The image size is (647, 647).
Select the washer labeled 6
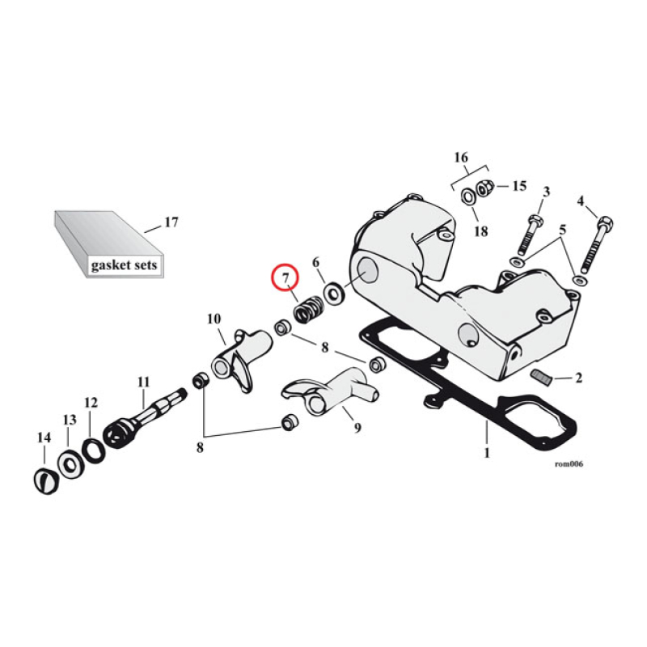point(332,290)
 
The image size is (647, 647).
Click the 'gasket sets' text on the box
point(124,264)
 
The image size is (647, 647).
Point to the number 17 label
point(171,222)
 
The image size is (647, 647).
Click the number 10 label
point(213,318)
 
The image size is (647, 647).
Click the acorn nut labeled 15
point(486,188)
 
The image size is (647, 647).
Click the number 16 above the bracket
point(461,156)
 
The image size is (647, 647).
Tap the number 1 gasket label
point(487,453)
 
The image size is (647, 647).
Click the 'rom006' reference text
point(569,464)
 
